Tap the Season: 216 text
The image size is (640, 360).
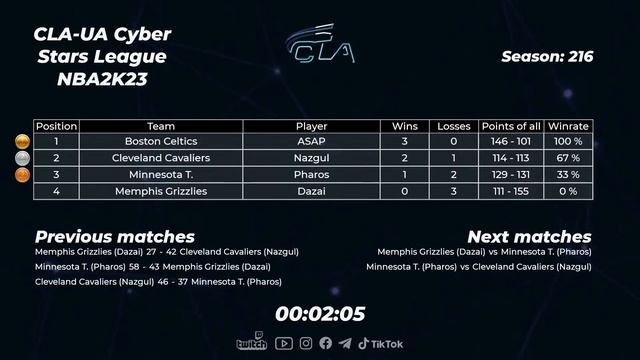547,57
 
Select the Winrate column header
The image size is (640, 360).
568,127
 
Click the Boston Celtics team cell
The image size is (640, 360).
161,142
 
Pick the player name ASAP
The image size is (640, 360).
311,142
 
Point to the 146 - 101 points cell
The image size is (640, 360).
511,142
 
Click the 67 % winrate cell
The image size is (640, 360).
568,158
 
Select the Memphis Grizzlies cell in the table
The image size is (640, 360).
161,190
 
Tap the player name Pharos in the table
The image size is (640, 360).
311,174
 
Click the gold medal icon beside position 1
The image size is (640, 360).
22,142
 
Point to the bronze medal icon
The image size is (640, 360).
22,174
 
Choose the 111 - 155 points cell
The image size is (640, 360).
511,190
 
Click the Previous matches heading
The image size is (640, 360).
115,237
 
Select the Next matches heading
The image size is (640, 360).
529,237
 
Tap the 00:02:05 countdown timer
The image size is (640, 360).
320,313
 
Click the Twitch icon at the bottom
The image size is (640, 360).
251,343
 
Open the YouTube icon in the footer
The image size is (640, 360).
284,343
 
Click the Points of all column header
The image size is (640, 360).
511,127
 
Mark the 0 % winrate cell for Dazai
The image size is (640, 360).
568,190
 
